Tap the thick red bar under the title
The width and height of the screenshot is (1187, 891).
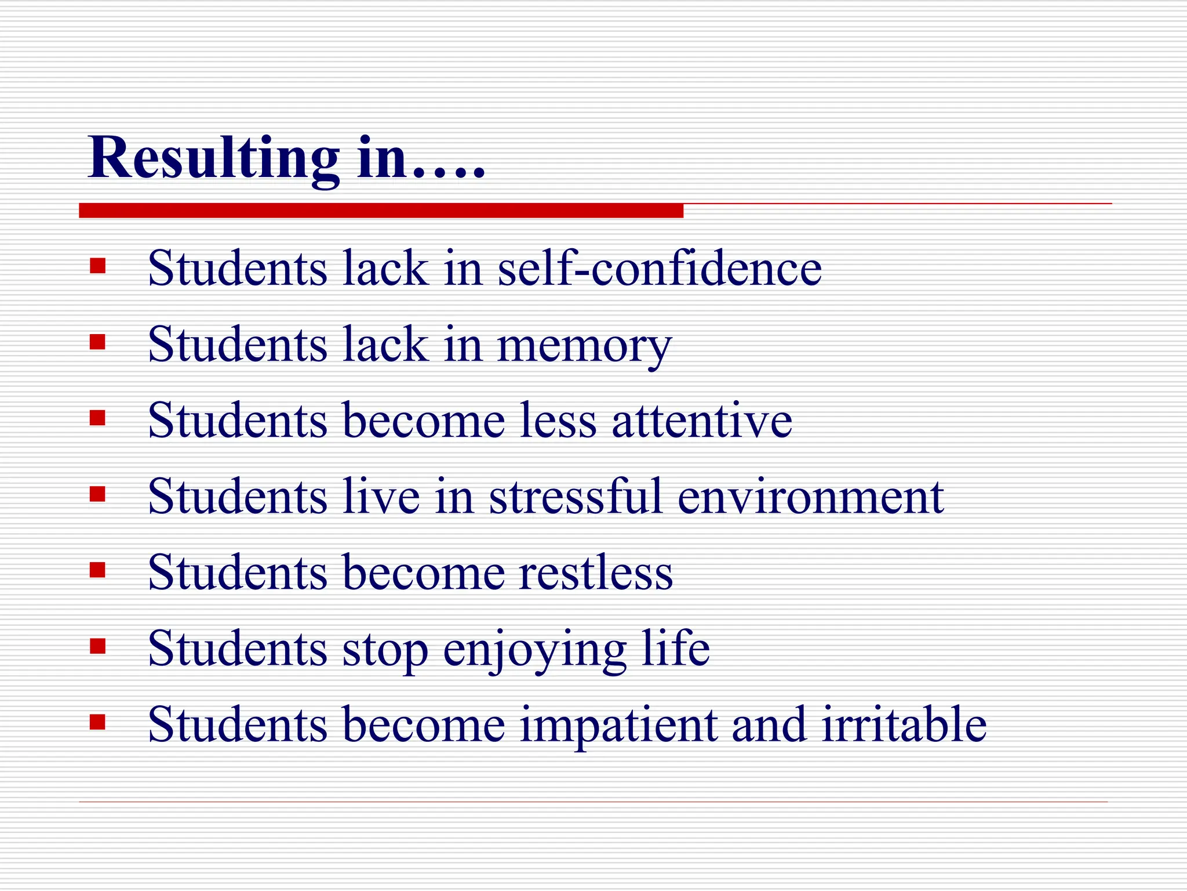pyautogui.click(x=381, y=211)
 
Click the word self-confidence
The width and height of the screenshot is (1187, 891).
pyautogui.click(x=660, y=269)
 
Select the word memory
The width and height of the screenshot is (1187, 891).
pyautogui.click(x=584, y=346)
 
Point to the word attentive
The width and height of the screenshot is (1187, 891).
pyautogui.click(x=702, y=421)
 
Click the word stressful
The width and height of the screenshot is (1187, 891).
pyautogui.click(x=576, y=497)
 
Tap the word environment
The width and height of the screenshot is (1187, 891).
pyautogui.click(x=811, y=498)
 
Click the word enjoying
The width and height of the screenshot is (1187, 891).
pyautogui.click(x=534, y=650)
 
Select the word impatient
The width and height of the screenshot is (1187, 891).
pyautogui.click(x=618, y=725)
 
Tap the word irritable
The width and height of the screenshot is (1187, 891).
pyautogui.click(x=904, y=725)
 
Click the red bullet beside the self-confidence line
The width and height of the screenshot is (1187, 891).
pyautogui.click(x=98, y=266)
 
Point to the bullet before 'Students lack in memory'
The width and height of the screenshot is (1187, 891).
pyautogui.click(x=98, y=342)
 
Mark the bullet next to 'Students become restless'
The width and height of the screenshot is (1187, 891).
pyautogui.click(x=98, y=570)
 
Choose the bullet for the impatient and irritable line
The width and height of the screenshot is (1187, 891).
pyautogui.click(x=98, y=722)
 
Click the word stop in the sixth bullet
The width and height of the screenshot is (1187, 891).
pyautogui.click(x=385, y=650)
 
